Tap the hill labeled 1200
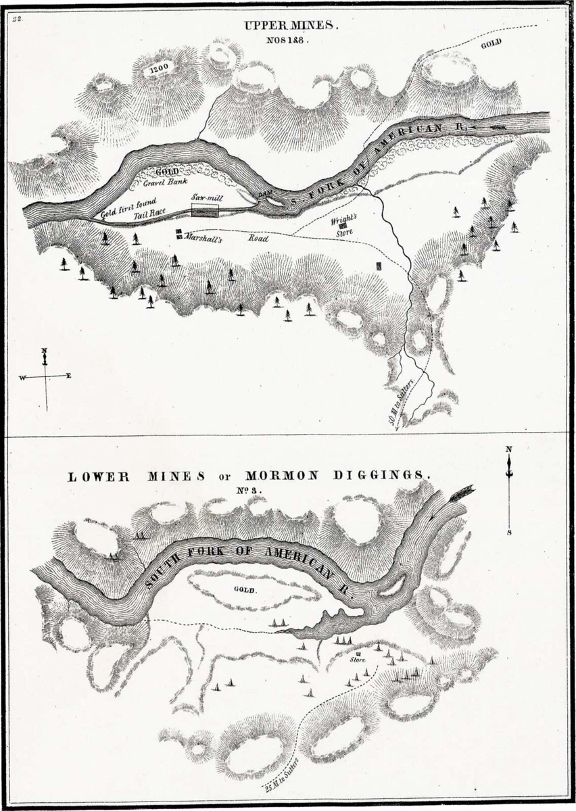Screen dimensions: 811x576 point(159,68)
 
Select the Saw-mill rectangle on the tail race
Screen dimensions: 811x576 point(206,210)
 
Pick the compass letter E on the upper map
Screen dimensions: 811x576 point(68,376)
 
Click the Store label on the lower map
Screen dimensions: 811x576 point(358,660)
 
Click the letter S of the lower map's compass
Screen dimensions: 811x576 point(508,533)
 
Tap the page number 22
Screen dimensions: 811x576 point(17,18)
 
